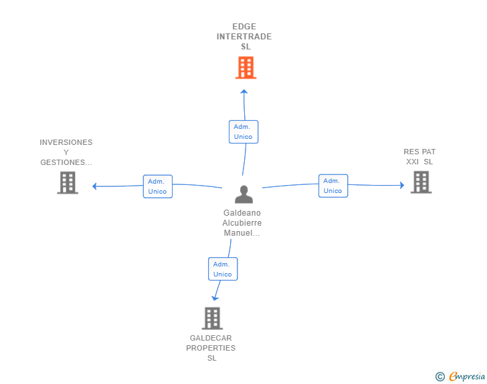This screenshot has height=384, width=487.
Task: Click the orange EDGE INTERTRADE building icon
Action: pyautogui.click(x=246, y=67)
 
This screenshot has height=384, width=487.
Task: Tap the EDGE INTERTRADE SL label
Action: pyautogui.click(x=244, y=37)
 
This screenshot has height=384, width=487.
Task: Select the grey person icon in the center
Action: pyautogui.click(x=243, y=194)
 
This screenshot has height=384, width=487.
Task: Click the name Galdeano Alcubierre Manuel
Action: pyautogui.click(x=242, y=223)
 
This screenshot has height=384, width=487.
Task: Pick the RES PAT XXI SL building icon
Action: pyautogui.click(x=420, y=182)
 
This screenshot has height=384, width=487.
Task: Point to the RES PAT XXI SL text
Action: pyautogui.click(x=419, y=156)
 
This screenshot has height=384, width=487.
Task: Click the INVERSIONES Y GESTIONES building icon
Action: pyautogui.click(x=68, y=182)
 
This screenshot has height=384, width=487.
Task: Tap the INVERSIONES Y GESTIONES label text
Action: pyautogui.click(x=66, y=152)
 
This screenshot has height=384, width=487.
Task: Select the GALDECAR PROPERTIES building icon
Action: pyautogui.click(x=212, y=318)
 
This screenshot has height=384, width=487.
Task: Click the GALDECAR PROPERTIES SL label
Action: pyautogui.click(x=211, y=348)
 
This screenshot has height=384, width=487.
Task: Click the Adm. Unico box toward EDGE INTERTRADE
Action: pyautogui.click(x=243, y=132)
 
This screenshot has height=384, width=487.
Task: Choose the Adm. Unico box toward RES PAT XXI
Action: pyautogui.click(x=332, y=186)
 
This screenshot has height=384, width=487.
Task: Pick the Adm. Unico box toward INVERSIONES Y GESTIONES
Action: pyautogui.click(x=157, y=186)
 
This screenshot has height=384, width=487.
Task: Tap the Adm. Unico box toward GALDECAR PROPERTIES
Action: pyautogui.click(x=222, y=269)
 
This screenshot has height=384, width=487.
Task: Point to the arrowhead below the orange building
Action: pyautogui.click(x=244, y=92)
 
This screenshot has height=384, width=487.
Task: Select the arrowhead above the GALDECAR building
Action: pyautogui.click(x=215, y=297)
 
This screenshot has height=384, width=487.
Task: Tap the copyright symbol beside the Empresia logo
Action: pyautogui.click(x=440, y=377)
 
